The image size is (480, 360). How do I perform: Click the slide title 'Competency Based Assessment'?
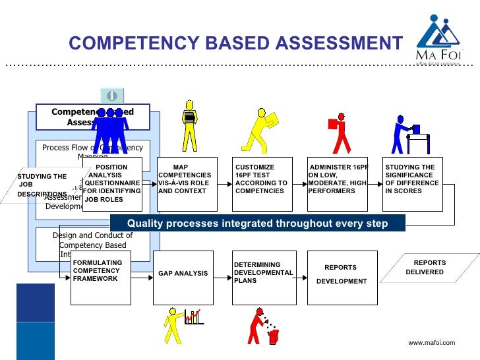[x=235, y=44]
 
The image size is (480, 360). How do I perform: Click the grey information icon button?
[x=112, y=96]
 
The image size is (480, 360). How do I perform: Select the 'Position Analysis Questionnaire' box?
[x=112, y=184]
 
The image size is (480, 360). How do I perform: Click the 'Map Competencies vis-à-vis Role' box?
[x=187, y=184]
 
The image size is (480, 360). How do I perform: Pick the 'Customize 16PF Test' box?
[x=262, y=184]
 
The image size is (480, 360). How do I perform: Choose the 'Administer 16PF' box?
[x=338, y=184]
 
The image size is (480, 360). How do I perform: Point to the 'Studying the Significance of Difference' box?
[x=413, y=184]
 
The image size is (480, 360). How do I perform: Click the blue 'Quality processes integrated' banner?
[x=257, y=224]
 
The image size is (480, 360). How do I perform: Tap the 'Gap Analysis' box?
[x=183, y=277]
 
